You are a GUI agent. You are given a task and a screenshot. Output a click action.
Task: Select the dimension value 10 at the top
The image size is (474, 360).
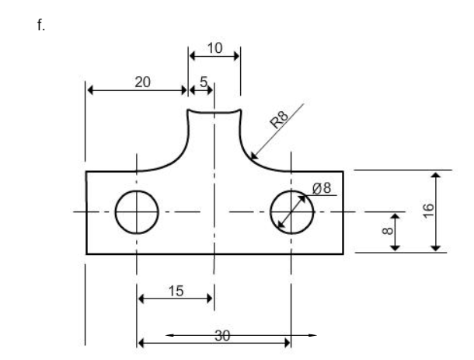tap(214, 47)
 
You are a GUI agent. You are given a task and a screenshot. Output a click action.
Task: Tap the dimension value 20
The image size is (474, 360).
tap(143, 80)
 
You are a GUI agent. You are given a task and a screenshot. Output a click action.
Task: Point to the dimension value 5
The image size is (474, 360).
tap(204, 81)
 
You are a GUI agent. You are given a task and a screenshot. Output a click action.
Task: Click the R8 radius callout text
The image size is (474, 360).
tap(279, 119)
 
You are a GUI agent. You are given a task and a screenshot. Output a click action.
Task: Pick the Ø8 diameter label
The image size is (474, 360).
tap(322, 187)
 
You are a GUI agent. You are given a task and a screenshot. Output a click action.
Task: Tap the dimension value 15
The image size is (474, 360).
tap(176, 290)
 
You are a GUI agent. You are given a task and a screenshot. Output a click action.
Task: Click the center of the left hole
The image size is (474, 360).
tap(137, 211)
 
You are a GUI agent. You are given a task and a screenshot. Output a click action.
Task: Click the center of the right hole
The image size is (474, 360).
tap(291, 211)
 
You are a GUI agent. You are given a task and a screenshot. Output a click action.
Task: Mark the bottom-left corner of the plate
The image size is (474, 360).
tap(85, 254)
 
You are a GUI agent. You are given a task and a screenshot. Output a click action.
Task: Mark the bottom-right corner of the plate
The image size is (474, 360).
tap(343, 254)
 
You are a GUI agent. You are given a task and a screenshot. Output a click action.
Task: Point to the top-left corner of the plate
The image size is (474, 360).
tap(85, 171)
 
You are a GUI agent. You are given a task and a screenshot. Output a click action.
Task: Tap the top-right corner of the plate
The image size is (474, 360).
tap(343, 171)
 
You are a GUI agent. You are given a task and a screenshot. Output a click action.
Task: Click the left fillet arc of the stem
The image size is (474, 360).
tap(177, 154)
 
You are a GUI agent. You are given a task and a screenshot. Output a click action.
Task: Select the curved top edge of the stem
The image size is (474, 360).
tap(214, 113)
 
